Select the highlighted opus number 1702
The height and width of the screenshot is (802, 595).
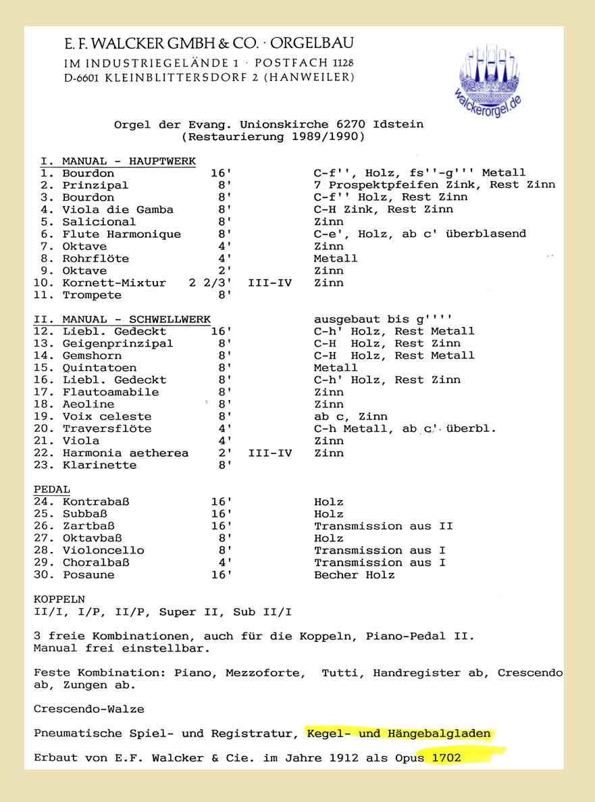point(443,757)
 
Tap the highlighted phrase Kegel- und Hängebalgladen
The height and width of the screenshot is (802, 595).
point(398,733)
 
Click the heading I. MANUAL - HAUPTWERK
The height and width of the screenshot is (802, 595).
point(118,161)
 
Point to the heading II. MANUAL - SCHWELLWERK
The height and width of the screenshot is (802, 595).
point(122,319)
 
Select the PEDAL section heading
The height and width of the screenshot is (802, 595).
point(52,489)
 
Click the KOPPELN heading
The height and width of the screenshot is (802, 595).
point(59,599)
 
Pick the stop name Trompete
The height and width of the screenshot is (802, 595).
point(92,295)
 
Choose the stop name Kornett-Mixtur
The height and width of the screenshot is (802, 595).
point(113,283)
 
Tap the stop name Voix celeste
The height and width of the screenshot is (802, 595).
point(107,416)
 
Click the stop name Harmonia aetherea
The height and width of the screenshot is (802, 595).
point(125,453)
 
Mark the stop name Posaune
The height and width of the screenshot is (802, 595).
point(88,575)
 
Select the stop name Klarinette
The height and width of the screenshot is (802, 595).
point(99,465)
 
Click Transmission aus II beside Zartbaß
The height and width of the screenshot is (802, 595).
point(383,526)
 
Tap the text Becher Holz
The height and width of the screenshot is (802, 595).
point(354,575)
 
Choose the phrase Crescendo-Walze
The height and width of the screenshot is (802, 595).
point(88,709)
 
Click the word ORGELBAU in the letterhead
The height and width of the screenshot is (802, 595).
point(313,44)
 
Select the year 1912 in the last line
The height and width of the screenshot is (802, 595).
point(344,757)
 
